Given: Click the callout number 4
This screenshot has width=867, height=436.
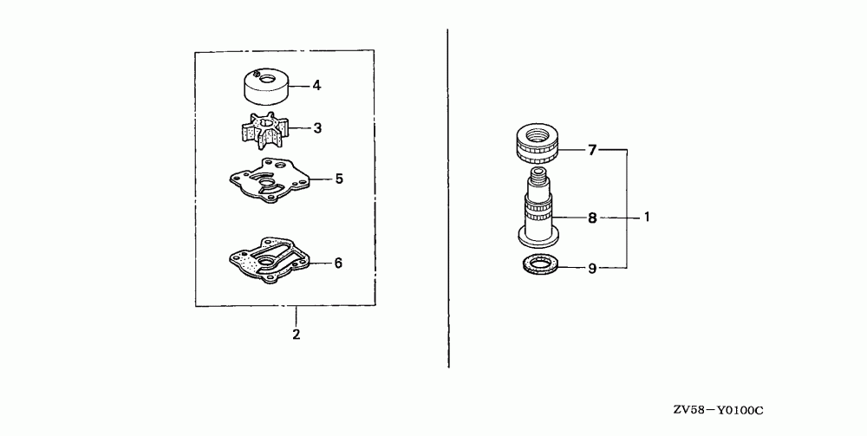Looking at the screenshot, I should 316,85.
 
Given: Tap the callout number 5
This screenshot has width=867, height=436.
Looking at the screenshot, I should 339,179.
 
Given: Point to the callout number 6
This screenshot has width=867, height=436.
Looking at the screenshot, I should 339,262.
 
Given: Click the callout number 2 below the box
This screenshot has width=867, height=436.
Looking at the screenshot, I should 296,333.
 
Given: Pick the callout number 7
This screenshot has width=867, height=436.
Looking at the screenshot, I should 592,151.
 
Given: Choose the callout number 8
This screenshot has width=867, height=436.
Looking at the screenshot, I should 592,218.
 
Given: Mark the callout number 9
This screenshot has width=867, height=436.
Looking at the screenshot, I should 592,269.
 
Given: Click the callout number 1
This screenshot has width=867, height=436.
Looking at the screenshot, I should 647,218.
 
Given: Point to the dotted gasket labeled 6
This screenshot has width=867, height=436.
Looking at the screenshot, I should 264,260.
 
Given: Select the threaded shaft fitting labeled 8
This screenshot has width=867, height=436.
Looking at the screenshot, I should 538,212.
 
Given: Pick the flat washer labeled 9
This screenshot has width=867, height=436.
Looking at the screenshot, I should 538,264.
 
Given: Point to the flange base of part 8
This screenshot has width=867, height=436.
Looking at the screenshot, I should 538,234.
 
